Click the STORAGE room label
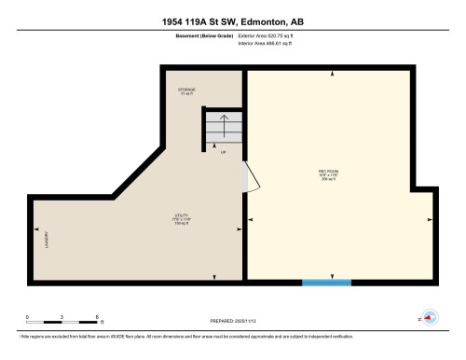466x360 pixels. coord(187,91)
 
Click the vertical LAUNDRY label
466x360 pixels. coord(47,241)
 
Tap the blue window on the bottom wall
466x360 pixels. coord(326,282)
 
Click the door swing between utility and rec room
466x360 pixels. coord(244,174)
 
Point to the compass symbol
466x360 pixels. coord(430,317)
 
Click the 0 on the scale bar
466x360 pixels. coord(27,318)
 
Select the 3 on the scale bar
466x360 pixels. coord(62,318)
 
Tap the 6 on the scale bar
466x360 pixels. coord(96,318)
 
